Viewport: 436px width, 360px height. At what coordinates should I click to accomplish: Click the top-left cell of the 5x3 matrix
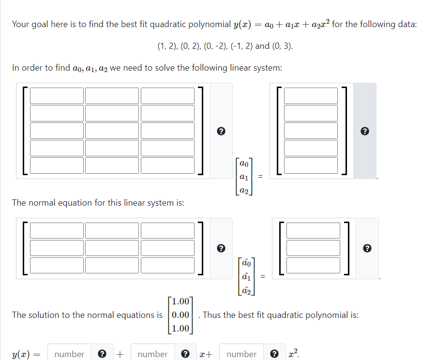pos(57,95)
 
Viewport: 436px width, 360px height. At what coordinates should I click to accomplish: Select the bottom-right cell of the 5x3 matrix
pos(167,165)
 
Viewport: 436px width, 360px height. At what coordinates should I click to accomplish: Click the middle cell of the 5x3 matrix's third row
pos(112,130)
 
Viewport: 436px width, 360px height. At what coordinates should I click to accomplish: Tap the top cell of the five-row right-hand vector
pos(310,95)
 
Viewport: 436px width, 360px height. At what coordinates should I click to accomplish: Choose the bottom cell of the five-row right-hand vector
pos(310,165)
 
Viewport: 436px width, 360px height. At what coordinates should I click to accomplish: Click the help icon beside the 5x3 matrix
pos(221,131)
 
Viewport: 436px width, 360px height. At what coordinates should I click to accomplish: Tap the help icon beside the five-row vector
pos(365,131)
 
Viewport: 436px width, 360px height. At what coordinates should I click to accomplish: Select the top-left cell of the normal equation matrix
pos(57,230)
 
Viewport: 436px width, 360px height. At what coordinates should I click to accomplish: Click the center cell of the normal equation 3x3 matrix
pos(112,248)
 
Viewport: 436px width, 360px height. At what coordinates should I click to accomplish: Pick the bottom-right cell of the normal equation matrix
pos(167,265)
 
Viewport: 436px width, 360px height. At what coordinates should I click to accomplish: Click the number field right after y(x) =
pos(69,354)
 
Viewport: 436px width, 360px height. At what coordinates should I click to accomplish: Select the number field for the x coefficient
pos(152,354)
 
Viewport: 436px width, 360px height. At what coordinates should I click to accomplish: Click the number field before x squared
pos(241,354)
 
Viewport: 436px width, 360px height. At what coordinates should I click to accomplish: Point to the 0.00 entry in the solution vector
pos(180,315)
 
